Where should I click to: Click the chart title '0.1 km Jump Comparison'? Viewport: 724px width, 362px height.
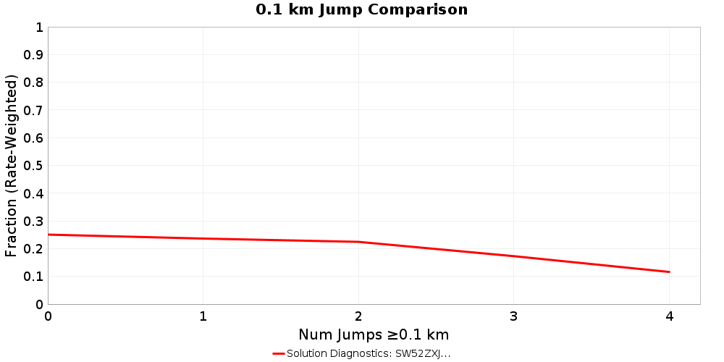tap(361, 9)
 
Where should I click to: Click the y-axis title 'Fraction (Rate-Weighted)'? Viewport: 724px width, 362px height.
tap(11, 166)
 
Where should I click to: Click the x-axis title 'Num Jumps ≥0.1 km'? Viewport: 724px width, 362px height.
tap(374, 334)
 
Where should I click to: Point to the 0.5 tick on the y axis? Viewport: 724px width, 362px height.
tap(34, 166)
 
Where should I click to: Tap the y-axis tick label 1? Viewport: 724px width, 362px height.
tap(39, 28)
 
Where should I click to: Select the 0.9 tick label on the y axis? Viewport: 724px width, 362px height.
tap(34, 55)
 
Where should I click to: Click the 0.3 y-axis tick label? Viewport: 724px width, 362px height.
tap(34, 222)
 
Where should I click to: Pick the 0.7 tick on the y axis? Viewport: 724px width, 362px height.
tap(34, 111)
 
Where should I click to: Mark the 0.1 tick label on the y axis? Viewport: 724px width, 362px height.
tap(34, 277)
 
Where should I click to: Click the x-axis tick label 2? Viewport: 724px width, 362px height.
tap(358, 316)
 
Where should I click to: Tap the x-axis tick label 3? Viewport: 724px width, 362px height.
tap(513, 316)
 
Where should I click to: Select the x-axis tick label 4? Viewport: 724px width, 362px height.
tap(669, 316)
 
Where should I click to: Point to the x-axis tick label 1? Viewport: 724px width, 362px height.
tap(203, 316)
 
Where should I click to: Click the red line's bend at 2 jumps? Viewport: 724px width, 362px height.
tap(358, 242)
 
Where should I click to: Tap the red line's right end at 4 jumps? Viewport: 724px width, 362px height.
tap(669, 272)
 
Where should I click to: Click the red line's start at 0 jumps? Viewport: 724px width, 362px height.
tap(49, 235)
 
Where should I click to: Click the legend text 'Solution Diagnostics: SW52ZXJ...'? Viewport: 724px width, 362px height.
tap(369, 353)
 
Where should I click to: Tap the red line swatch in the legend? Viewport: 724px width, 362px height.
tap(279, 353)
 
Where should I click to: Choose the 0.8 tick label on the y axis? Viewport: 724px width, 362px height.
tap(34, 83)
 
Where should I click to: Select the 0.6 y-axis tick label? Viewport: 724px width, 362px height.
tap(34, 138)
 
